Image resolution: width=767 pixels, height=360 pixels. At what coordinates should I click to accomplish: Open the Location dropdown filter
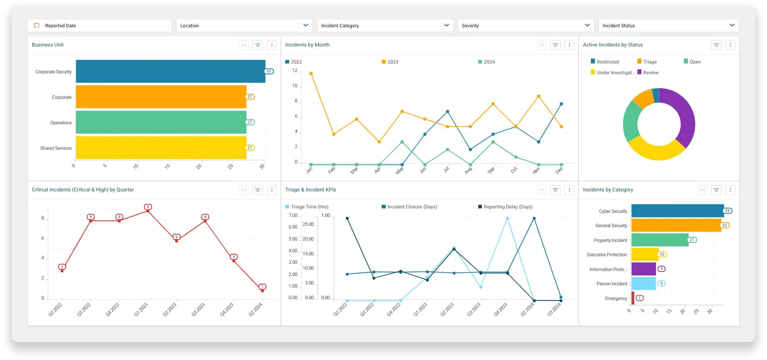(x=244, y=25)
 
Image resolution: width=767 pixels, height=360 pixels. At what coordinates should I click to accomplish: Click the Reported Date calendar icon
(x=37, y=25)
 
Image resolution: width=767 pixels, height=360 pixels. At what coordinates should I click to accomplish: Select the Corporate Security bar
(x=170, y=72)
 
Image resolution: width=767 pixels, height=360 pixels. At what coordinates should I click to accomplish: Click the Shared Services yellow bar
(x=161, y=148)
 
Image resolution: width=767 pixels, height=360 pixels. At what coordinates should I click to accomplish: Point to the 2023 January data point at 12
(x=311, y=73)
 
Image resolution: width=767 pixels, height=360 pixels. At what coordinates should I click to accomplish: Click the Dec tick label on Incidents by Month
(x=559, y=170)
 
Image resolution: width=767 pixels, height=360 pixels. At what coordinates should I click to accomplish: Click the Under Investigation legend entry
(x=612, y=72)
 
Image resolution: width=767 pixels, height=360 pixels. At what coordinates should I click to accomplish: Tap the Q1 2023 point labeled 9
(x=148, y=211)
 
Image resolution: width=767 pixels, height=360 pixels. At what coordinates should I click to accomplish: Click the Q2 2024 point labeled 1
(x=262, y=290)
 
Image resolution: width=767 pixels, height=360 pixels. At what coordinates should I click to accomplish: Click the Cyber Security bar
(x=677, y=211)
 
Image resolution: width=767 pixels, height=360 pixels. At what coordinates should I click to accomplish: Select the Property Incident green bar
(x=660, y=240)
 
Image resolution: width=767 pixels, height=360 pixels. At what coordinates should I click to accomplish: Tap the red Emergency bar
(x=633, y=298)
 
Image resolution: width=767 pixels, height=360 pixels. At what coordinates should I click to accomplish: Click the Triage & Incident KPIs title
(x=311, y=190)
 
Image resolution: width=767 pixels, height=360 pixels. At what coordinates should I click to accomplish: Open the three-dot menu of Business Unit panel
(x=272, y=45)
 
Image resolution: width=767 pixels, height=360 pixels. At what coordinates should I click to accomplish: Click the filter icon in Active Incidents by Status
(x=716, y=45)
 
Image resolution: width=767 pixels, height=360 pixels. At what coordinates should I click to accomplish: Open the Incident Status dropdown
(x=668, y=25)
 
